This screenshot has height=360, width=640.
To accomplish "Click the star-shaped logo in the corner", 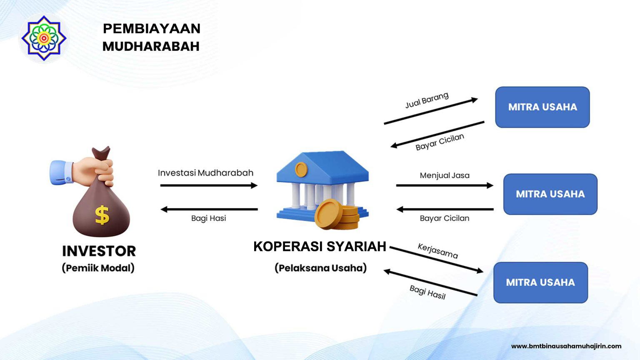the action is [x=44, y=38].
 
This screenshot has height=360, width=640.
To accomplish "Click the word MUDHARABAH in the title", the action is [x=151, y=46].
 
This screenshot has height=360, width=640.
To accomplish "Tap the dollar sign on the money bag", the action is [x=102, y=215].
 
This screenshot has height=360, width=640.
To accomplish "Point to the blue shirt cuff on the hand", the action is [x=61, y=172].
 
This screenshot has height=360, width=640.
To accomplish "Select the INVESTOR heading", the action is [x=99, y=251].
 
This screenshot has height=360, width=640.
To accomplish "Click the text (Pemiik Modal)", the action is [x=98, y=268].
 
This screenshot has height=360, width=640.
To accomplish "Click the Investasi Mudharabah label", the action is [x=205, y=173].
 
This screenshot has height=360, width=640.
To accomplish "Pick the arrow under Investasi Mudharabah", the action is [x=209, y=185].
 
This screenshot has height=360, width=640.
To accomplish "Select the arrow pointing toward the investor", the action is [x=209, y=210].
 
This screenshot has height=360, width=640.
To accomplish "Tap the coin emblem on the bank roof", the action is [x=301, y=170].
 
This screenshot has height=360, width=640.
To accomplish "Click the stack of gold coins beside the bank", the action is [x=337, y=215].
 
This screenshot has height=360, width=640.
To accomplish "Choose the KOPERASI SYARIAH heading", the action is [x=320, y=247].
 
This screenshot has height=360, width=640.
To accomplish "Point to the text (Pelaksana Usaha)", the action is [x=320, y=268].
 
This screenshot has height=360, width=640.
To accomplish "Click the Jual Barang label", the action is [x=427, y=100].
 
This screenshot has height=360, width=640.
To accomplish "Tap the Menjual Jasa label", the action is [x=445, y=175].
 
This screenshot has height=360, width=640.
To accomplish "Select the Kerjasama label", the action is [x=438, y=251].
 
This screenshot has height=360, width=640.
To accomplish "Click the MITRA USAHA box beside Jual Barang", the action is [x=542, y=107].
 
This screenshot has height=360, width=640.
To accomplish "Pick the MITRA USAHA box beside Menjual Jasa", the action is [x=550, y=194].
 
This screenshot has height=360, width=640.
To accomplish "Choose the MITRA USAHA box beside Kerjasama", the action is [x=540, y=282].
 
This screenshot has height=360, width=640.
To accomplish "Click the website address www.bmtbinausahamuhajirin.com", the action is [x=566, y=346].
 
